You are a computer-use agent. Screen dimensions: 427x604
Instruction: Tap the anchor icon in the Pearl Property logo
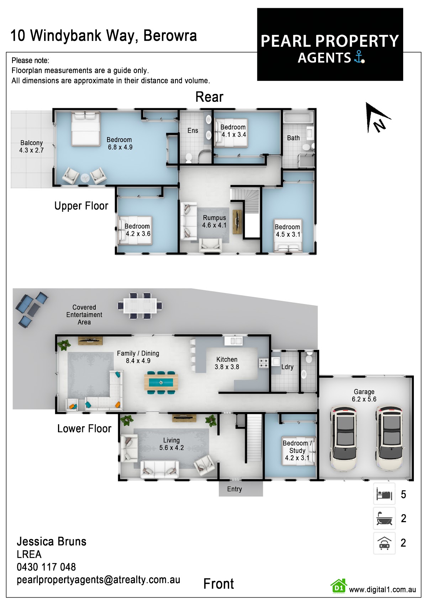(x=359, y=57)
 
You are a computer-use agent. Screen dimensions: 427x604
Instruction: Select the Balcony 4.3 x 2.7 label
(x=32, y=146)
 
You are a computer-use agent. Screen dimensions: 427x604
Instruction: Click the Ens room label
(x=193, y=131)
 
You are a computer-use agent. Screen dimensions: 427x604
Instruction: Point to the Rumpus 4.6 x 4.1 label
(x=214, y=221)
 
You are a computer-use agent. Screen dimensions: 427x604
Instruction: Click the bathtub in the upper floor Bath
(x=299, y=118)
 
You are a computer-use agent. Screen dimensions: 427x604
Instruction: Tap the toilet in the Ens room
(x=189, y=158)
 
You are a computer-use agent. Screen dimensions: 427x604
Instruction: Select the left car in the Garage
(x=344, y=439)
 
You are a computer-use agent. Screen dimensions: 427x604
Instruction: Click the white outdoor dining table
(x=140, y=306)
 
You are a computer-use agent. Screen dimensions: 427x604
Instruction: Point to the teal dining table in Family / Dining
(x=161, y=382)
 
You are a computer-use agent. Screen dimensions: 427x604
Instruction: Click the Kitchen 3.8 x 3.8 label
(x=227, y=363)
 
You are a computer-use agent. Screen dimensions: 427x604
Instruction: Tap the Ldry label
(x=287, y=367)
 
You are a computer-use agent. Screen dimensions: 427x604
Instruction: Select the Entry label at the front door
(x=234, y=489)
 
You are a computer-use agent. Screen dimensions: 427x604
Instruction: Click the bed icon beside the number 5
(x=384, y=494)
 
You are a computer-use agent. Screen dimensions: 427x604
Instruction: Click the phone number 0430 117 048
(x=46, y=567)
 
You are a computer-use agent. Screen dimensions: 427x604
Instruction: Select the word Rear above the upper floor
(x=209, y=97)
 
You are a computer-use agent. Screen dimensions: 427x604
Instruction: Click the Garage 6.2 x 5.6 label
(x=364, y=395)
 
